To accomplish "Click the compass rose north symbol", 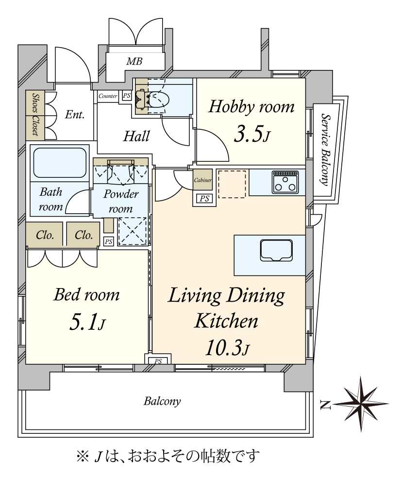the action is point(362,404).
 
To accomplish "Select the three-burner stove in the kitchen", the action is point(285,182).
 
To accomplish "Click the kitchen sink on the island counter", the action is point(276,250).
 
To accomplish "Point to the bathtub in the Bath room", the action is point(60,163).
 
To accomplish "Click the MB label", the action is point(134,61).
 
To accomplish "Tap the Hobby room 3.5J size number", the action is point(251,136).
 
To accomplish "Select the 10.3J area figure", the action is point(227,348).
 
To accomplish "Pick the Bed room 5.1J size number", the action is point(87,323).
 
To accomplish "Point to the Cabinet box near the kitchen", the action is point(202,180).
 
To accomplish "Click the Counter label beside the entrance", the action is point(108,96).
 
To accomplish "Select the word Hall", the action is point(136,137).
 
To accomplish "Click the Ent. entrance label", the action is point(75,115).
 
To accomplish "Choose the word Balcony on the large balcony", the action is point(162,401).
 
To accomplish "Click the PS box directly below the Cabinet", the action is point(204,199).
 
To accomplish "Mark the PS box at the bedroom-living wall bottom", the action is point(158,361).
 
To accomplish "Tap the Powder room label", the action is point(121,202).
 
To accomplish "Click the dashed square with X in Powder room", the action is point(132,231).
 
